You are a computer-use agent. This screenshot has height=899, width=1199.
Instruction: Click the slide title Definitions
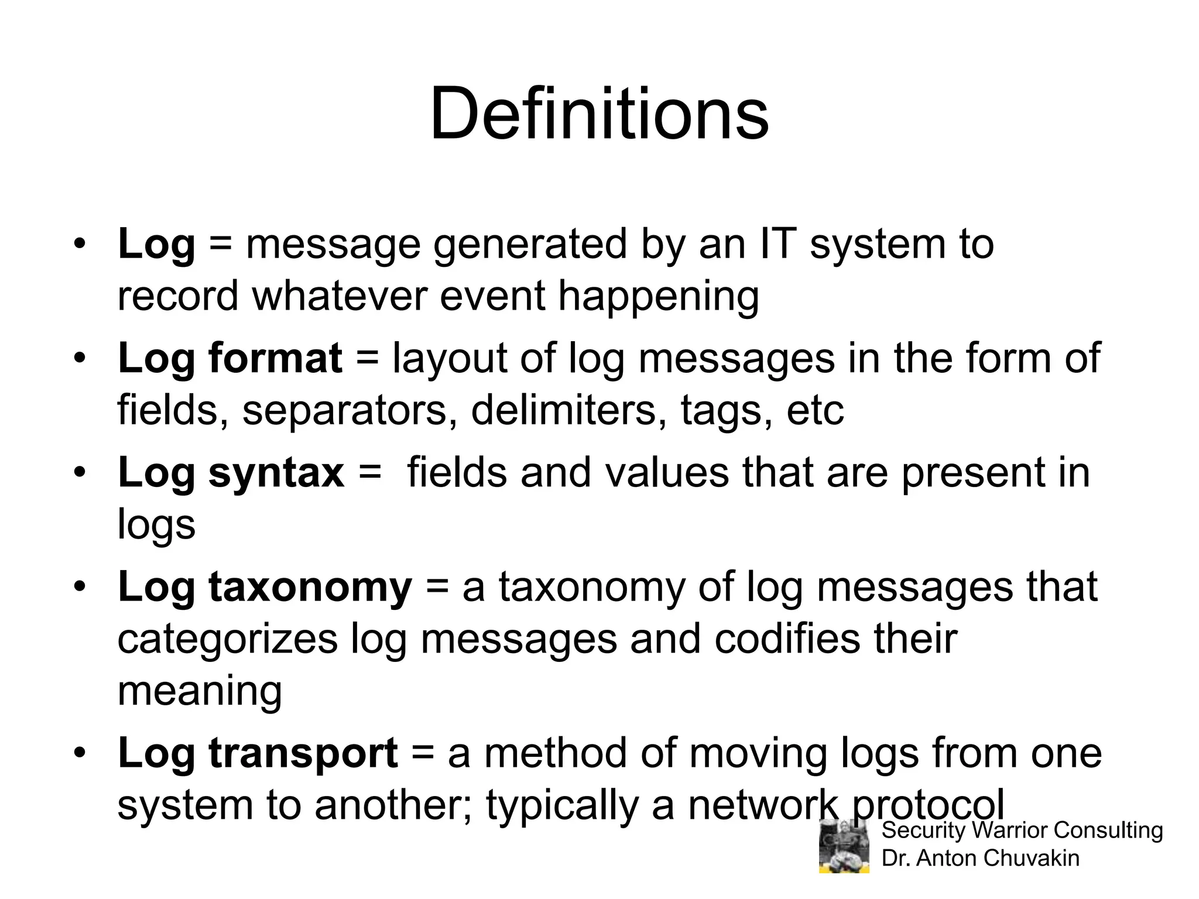(x=599, y=114)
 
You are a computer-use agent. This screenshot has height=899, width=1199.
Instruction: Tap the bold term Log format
(x=229, y=358)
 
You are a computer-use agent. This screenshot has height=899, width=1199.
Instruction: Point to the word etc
(x=815, y=410)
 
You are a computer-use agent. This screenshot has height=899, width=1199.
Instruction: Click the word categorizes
(x=227, y=639)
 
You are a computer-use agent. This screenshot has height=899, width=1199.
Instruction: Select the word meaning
(x=200, y=692)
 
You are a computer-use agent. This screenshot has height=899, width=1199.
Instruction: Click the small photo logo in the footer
(x=844, y=846)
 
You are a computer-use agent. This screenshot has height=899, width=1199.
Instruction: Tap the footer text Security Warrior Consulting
(x=1022, y=831)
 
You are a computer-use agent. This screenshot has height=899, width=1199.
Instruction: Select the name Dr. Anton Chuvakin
(x=980, y=859)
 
